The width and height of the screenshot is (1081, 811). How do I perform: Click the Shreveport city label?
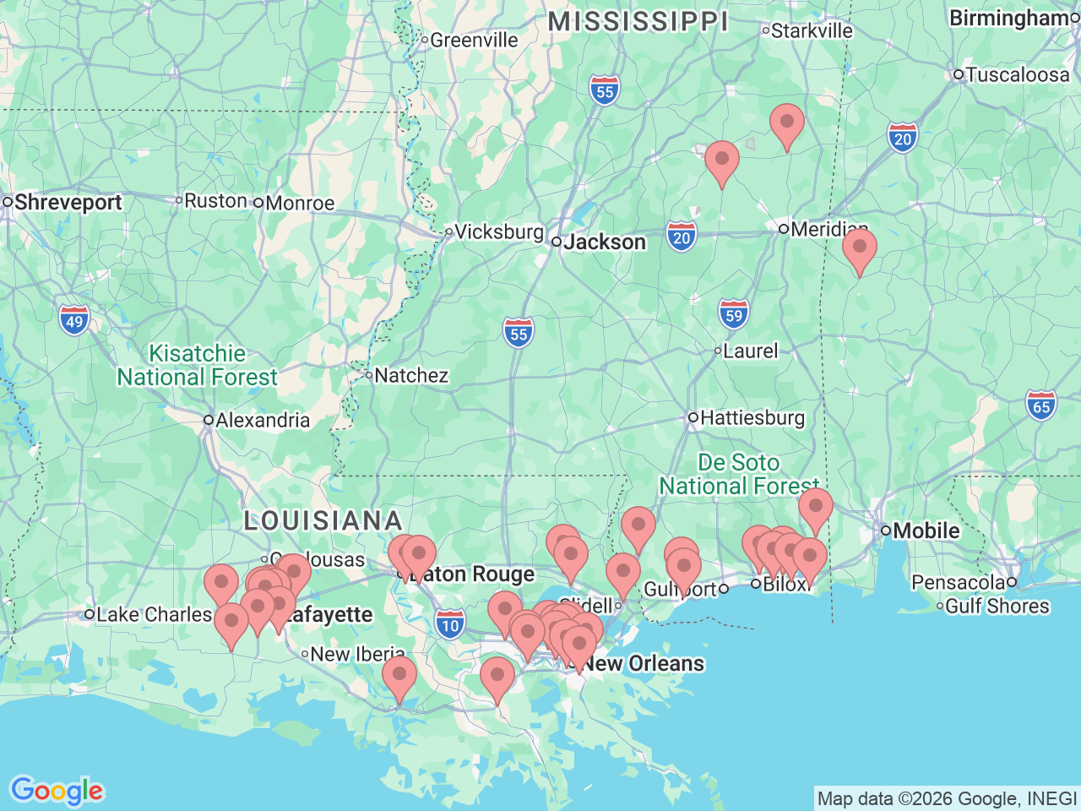pyautogui.click(x=68, y=203)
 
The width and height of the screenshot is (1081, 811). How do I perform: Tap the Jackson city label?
pyautogui.click(x=605, y=242)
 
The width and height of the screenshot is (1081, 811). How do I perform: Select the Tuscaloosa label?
pyautogui.click(x=1017, y=75)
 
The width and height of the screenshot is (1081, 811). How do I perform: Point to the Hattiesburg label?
pyautogui.click(x=752, y=418)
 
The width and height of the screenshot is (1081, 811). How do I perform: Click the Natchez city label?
pyautogui.click(x=410, y=376)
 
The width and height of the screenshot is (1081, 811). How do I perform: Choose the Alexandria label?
pyautogui.click(x=262, y=421)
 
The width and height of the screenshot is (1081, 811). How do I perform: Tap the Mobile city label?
pyautogui.click(x=926, y=531)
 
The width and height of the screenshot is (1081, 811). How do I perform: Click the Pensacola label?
pyautogui.click(x=958, y=583)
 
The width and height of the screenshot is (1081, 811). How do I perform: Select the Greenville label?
pyautogui.click(x=473, y=41)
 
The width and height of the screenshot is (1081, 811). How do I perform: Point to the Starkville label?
pyautogui.click(x=812, y=31)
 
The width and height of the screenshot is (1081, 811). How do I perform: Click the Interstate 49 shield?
pyautogui.click(x=74, y=321)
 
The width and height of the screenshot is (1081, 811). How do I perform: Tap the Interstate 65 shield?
pyautogui.click(x=1041, y=406)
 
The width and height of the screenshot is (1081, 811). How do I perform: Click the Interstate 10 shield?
pyautogui.click(x=450, y=626)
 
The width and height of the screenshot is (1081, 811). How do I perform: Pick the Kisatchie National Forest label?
pyautogui.click(x=198, y=365)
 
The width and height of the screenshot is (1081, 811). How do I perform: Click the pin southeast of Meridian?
pyautogui.click(x=859, y=250)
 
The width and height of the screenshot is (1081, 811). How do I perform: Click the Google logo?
pyautogui.click(x=57, y=792)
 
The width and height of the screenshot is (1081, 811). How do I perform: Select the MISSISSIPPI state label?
pyautogui.click(x=638, y=22)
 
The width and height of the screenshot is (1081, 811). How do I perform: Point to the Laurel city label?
pyautogui.click(x=750, y=351)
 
